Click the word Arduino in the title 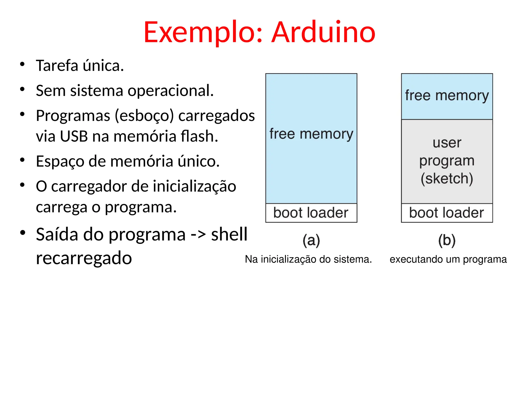[x=323, y=32]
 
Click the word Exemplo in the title [x=203, y=32]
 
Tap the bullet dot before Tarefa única [x=22, y=64]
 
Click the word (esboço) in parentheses [x=144, y=116]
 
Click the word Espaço [x=60, y=162]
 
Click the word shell [x=229, y=234]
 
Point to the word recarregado [x=84, y=258]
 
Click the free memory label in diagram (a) [x=311, y=134]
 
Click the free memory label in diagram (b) [x=447, y=95]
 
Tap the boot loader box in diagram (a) [x=311, y=213]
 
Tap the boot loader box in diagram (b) [x=447, y=213]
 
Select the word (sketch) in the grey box [x=447, y=178]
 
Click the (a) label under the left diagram [x=311, y=240]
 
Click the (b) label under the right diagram [x=447, y=240]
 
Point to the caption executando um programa [x=448, y=259]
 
